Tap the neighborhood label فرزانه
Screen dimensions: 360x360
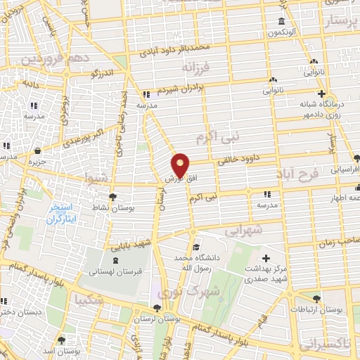point(197,69)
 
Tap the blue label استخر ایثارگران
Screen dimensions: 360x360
point(64,213)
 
